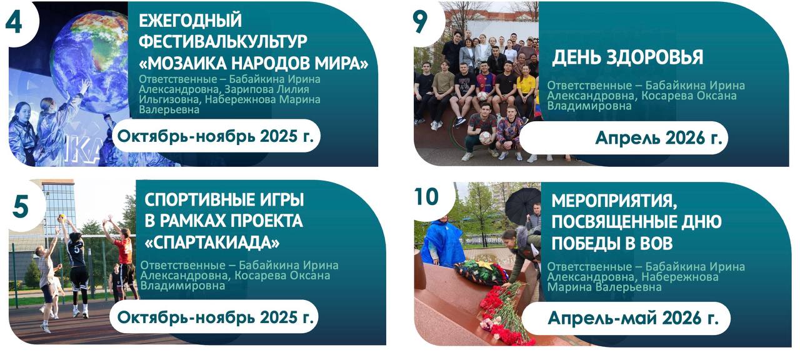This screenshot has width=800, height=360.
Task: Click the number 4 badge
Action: click(x=14, y=22)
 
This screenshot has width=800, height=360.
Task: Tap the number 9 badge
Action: click(x=421, y=22)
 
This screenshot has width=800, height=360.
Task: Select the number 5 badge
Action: click(x=21, y=206)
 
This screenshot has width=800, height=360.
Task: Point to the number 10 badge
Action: click(x=426, y=196)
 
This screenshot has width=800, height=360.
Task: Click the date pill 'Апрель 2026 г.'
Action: click(x=624, y=138)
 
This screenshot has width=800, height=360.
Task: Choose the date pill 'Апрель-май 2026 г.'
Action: click(x=626, y=318)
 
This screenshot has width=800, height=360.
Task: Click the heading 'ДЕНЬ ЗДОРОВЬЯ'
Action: click(x=627, y=57)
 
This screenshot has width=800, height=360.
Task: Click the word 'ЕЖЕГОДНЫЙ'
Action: click(x=190, y=20)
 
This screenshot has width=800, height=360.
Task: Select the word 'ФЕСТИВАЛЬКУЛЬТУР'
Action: click(x=223, y=41)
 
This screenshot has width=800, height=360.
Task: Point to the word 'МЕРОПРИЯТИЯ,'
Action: click(x=614, y=201)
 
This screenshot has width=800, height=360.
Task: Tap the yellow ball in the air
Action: click(x=62, y=216)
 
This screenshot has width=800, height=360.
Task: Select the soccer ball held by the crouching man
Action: click(x=486, y=137)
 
